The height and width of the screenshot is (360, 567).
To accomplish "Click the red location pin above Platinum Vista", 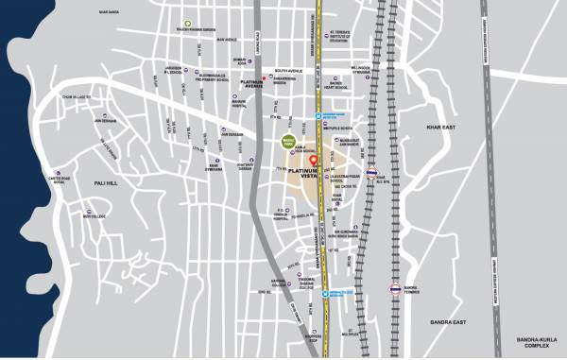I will click(327, 160).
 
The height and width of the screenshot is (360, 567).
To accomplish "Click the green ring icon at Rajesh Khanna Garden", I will click(188, 23).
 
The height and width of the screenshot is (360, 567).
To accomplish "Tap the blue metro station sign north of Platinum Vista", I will click(319, 116).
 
